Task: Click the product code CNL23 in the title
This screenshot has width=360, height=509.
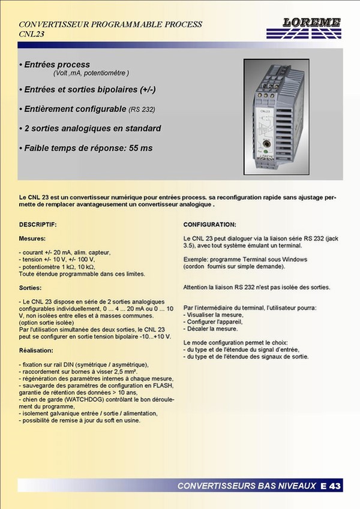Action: coord(32,34)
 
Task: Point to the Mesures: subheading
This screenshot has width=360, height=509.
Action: coord(32,238)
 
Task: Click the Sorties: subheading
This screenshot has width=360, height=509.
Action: coord(30,287)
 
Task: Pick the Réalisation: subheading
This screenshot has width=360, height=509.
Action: coord(37,351)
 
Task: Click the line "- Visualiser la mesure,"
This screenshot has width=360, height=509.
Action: coord(214,314)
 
